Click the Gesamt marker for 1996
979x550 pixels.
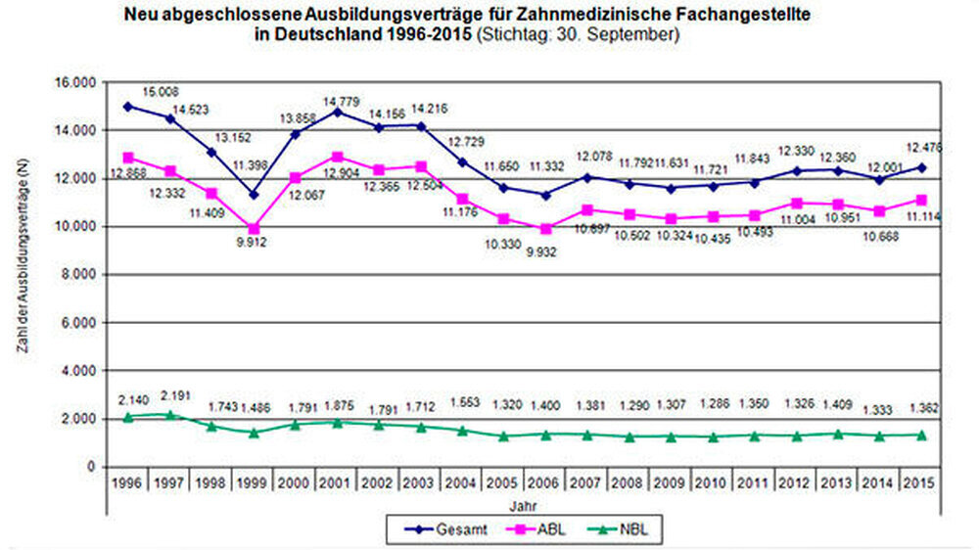coord(128,107)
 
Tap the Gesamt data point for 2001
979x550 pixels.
coord(339,113)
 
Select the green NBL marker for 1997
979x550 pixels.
coord(170,415)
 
